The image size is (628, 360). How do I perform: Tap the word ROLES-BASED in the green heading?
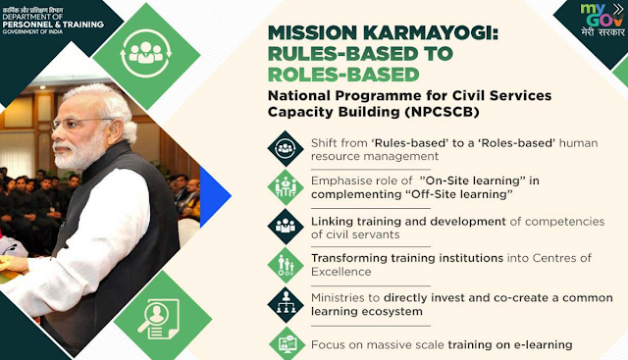point(343,75)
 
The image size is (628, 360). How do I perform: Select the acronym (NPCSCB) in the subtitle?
point(442,112)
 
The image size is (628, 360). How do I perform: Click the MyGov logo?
point(602,20)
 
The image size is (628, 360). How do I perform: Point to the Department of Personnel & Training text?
point(53,21)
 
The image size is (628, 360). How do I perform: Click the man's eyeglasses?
point(80,123)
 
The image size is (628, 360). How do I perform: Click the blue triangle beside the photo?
point(215,196)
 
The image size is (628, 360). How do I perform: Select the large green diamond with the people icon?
point(146,56)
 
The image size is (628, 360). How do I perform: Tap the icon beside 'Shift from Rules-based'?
point(286,148)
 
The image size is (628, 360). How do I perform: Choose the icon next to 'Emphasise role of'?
point(286,187)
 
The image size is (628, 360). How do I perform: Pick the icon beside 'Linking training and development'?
point(286,227)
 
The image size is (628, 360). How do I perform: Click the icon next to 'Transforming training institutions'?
point(286,265)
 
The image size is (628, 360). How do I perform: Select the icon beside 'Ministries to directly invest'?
point(286,304)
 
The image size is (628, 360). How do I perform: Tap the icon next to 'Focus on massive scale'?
point(287,343)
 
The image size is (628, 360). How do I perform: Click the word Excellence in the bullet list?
point(341,272)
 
